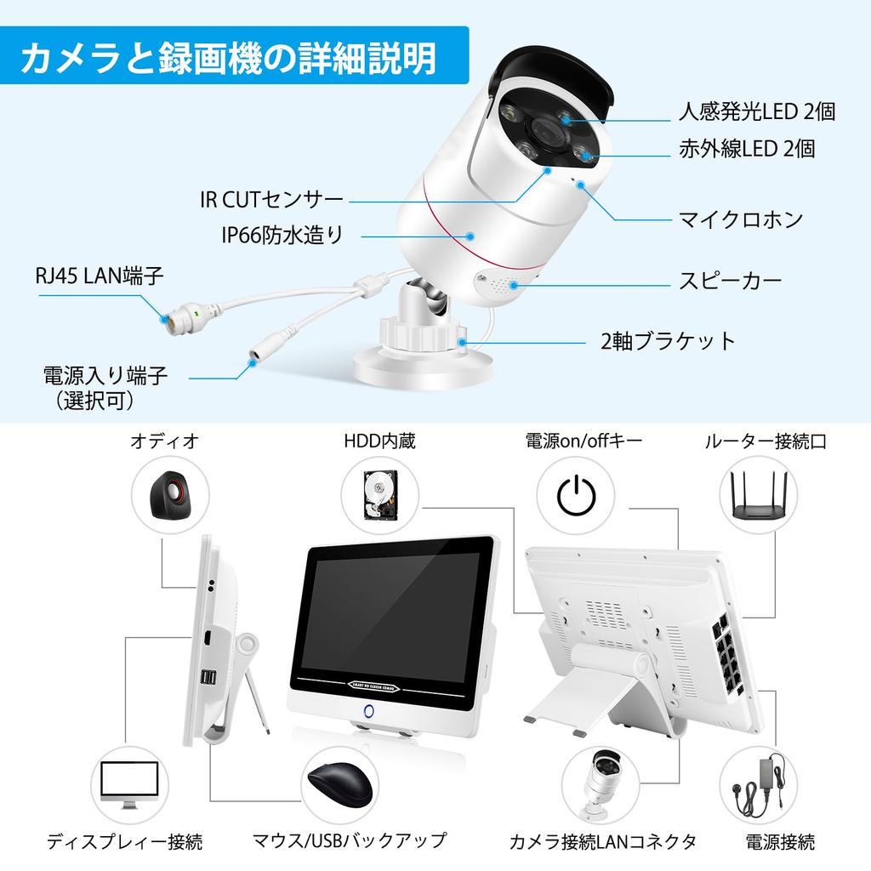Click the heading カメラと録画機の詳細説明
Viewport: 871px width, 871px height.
pyautogui.click(x=228, y=59)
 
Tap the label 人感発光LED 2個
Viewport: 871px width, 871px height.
pyautogui.click(x=756, y=111)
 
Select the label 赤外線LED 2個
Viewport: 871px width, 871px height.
pyautogui.click(x=746, y=149)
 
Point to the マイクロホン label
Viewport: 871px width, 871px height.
pyautogui.click(x=740, y=219)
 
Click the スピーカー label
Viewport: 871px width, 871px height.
pyautogui.click(x=730, y=281)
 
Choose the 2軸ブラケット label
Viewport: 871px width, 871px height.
pyautogui.click(x=668, y=342)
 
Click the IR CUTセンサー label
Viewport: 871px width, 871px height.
pyautogui.click(x=271, y=200)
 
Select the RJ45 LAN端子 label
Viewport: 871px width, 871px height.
pyautogui.click(x=100, y=276)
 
